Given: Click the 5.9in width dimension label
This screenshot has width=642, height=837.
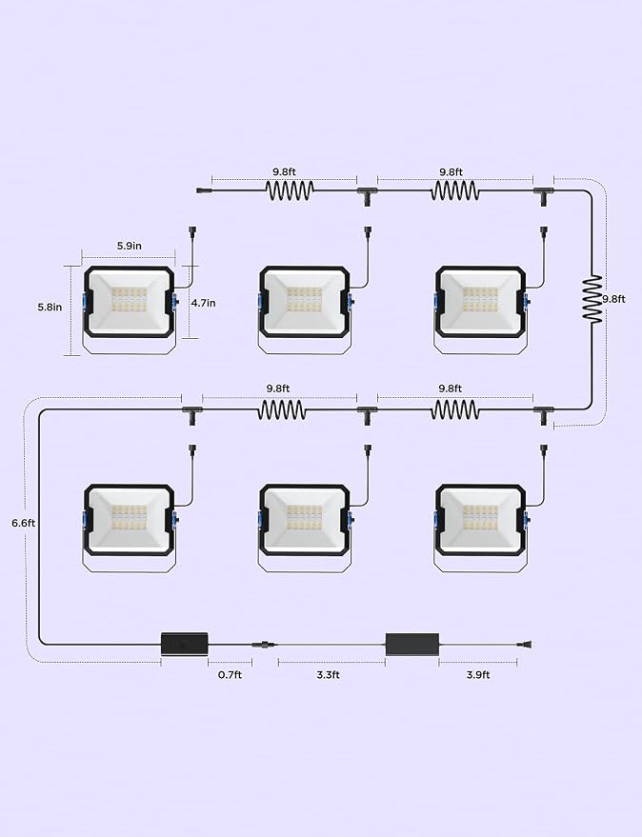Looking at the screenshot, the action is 130,246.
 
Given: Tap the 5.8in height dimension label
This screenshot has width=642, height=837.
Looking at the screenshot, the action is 50,307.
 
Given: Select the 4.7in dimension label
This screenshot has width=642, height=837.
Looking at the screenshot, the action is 204,303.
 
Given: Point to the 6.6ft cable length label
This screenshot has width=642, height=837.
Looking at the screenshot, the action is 24,523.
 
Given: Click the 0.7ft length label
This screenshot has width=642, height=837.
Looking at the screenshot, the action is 230,675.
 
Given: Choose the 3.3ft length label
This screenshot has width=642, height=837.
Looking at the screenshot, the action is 328,675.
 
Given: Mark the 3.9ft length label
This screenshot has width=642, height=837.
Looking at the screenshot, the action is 478,675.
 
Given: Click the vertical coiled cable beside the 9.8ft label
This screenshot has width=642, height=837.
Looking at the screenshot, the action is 592,299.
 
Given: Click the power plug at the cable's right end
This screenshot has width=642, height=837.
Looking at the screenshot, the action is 525,646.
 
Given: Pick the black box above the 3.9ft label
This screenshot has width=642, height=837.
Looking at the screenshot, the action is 412,645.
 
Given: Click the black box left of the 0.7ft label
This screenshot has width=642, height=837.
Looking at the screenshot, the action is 185,644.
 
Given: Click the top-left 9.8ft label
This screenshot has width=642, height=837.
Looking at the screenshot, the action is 284,171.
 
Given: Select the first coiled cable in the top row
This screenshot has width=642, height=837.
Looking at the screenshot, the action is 290,190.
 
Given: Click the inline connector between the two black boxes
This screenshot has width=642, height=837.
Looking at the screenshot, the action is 265,645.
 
